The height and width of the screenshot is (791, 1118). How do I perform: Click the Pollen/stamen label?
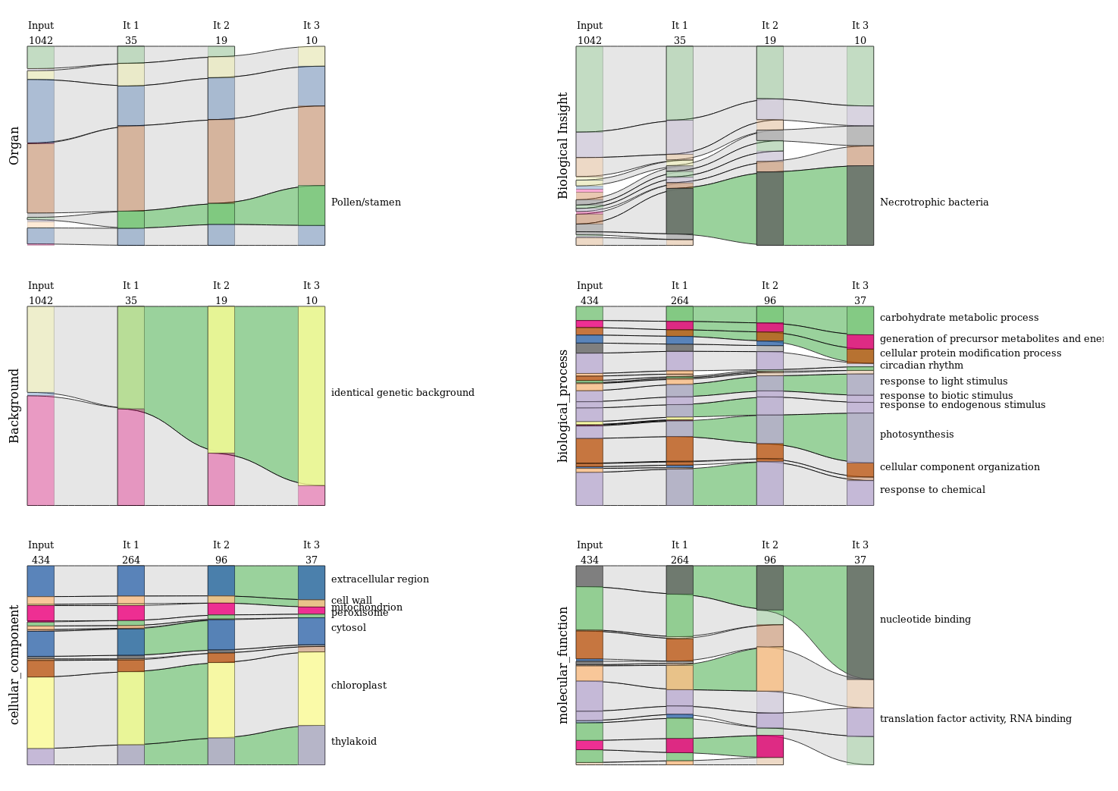pos(365,202)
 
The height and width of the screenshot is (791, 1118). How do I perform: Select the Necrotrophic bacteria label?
pos(934,202)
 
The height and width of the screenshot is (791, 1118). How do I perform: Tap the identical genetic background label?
pos(402,393)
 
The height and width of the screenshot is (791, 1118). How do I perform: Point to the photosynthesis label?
pos(916,435)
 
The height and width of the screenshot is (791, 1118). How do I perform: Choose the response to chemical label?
pos(932,490)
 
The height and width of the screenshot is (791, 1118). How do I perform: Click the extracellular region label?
pos(380,579)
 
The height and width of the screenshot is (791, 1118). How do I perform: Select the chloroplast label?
pos(359,686)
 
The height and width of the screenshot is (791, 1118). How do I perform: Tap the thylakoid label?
pos(353,742)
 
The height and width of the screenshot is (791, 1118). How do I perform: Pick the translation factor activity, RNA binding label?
pos(976,719)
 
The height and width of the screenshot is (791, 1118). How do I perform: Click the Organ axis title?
pos(14,146)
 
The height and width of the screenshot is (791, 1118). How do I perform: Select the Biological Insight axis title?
pos(563,146)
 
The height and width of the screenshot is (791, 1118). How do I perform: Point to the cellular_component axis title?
pos(14,664)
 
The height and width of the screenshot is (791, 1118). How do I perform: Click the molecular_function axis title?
pos(563,664)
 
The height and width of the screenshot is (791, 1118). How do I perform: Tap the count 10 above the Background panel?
pos(312,301)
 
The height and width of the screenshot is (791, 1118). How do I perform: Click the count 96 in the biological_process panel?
pos(770,301)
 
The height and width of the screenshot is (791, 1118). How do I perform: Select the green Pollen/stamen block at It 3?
pos(312,206)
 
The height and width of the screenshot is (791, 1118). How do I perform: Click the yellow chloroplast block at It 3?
pos(312,689)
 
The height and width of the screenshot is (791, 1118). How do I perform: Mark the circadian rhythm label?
pos(921,366)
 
